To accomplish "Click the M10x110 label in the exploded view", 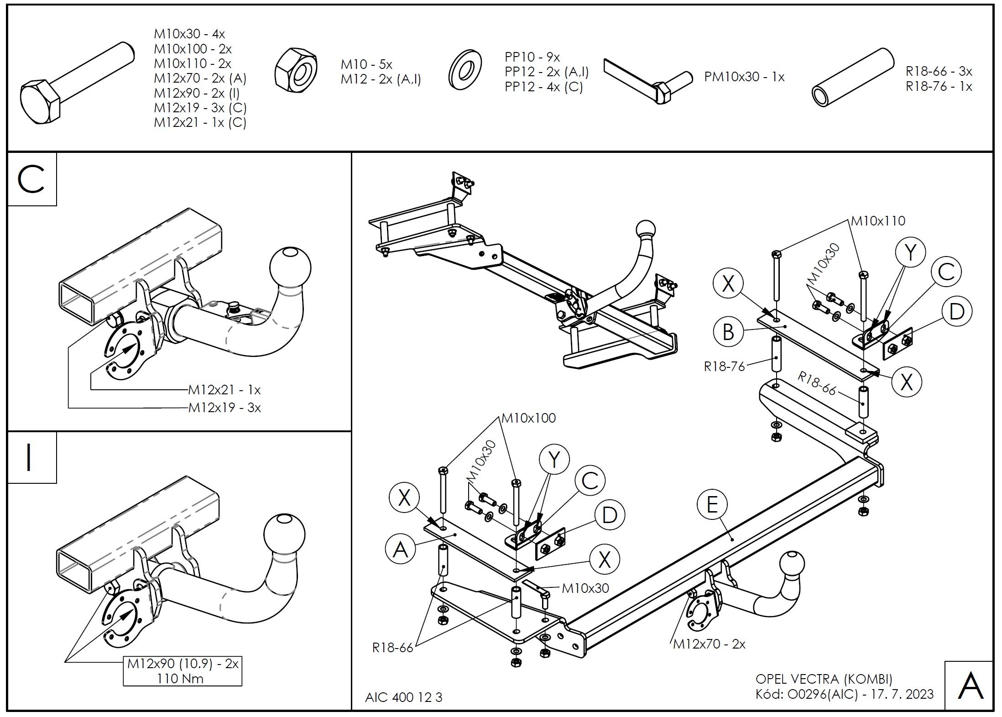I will coord(878,221).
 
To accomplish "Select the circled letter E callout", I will coord(712,505).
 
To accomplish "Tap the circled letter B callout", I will coord(729,332).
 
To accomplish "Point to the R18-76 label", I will coord(724,366).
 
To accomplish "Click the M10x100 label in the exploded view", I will coord(528,418).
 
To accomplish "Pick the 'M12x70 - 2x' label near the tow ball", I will coord(709,644).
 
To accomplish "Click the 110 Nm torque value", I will coord(180,679).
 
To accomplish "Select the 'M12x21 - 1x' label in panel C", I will coord(224,390).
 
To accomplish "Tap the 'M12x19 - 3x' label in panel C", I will coord(224,408).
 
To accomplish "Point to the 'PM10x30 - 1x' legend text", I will coord(744,77).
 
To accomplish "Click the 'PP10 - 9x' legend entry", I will coord(532,57).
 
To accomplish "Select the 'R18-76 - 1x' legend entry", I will coord(939,86).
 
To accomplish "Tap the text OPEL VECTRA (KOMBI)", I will coord(824,680).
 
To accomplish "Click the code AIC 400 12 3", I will coord(404,697).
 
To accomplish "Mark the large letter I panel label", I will coord(30,457).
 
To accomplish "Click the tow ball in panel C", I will coord(290,267).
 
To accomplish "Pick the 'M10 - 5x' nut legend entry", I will coord(366,64).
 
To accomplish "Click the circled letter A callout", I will coord(400,549).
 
